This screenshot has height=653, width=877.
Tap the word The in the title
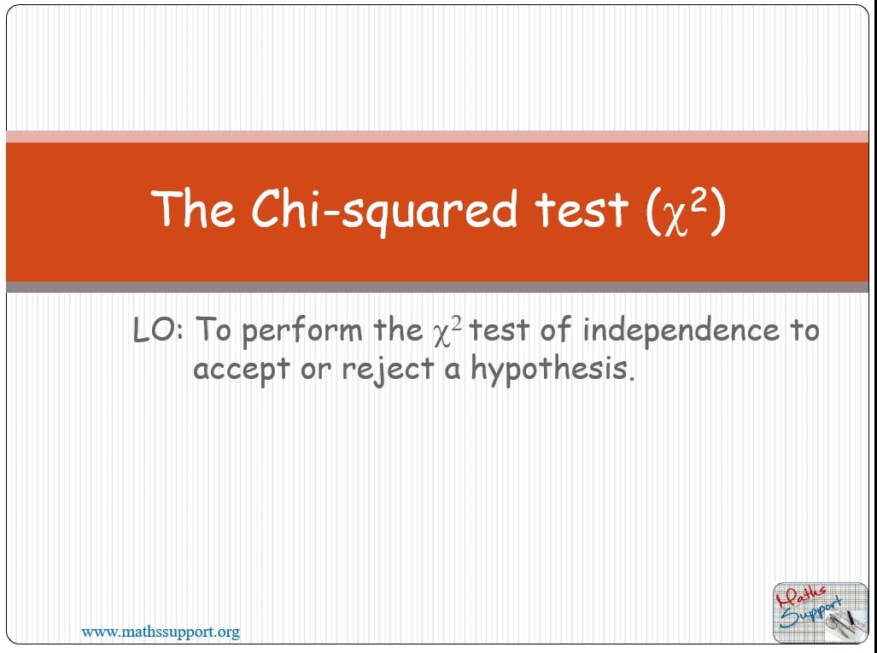[192, 208]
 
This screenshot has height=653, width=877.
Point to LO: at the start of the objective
[159, 329]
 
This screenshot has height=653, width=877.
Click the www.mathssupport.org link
[161, 633]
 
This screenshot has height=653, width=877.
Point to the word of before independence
[556, 330]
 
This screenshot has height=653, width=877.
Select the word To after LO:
[213, 329]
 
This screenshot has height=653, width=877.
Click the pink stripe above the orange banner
[437, 136]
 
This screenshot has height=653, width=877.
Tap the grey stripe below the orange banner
[437, 288]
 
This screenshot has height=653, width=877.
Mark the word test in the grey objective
[501, 330]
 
